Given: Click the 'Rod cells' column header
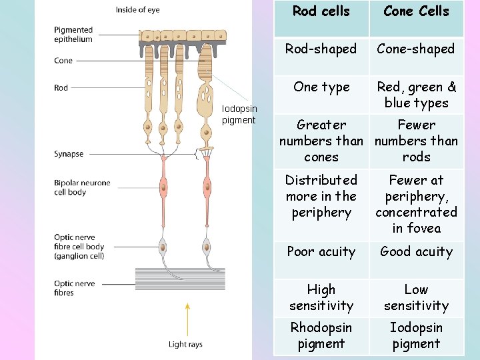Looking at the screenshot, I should click(x=321, y=11).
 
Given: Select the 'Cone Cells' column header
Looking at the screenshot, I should click(x=416, y=11).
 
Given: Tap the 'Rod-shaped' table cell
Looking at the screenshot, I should click(x=321, y=49).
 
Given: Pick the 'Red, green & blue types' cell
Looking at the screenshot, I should click(x=416, y=95).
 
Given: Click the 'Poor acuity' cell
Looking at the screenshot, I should click(x=321, y=251).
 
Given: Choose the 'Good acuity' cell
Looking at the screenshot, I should click(x=416, y=251).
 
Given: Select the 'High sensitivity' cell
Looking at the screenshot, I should click(x=321, y=297).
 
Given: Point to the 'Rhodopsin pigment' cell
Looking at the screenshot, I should click(x=321, y=335).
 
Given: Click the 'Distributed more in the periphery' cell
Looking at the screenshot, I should click(x=321, y=196).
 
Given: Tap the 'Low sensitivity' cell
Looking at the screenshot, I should click(x=416, y=297).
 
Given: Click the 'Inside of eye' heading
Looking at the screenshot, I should click(x=137, y=10).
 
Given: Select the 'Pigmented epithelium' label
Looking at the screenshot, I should click(x=73, y=35).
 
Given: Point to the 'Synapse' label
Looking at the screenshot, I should click(x=69, y=154).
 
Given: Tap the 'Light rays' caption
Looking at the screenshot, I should click(x=185, y=345).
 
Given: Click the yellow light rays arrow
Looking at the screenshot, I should click(x=187, y=320).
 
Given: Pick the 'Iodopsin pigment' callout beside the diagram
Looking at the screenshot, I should click(x=239, y=115).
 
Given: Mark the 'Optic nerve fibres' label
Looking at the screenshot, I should click(x=75, y=288).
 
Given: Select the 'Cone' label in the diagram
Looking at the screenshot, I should click(x=63, y=61).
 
